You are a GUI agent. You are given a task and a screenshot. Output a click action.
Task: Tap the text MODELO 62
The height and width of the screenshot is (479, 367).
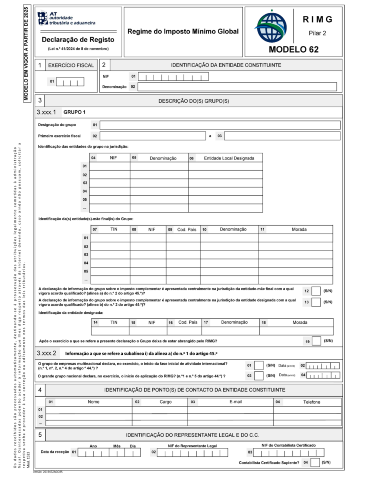point(294,49)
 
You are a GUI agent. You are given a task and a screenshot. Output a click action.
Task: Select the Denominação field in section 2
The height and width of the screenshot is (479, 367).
point(237,87)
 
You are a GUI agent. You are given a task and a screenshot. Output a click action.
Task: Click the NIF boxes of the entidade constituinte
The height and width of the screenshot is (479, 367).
point(173,77)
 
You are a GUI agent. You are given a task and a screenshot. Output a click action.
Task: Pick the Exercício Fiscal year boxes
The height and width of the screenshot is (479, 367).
point(70,81)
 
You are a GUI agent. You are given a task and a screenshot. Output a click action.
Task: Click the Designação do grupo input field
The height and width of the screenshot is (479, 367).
point(220,125)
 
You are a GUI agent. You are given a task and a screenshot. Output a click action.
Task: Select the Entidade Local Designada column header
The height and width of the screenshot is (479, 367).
point(229,158)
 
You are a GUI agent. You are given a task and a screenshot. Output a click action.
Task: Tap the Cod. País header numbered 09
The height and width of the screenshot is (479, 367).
point(187,230)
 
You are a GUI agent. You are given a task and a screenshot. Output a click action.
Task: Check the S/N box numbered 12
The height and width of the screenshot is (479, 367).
point(316,291)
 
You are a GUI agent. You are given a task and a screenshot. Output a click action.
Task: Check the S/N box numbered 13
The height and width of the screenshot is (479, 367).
point(316,302)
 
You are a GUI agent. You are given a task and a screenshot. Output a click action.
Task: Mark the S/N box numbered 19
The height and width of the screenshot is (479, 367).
point(317,341)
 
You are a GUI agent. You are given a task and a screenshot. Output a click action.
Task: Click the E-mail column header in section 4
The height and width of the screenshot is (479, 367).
point(235,402)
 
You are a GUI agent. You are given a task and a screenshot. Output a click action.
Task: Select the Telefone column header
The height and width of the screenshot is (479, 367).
point(311,402)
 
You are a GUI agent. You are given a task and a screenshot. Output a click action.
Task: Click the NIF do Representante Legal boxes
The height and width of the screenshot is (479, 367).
point(192,452)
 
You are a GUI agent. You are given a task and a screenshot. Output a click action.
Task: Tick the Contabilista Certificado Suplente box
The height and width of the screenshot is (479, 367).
point(315,462)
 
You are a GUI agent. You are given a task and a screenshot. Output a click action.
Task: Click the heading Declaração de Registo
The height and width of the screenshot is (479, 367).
point(78,40)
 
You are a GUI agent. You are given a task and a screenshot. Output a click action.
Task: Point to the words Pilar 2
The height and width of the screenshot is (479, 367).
point(317,33)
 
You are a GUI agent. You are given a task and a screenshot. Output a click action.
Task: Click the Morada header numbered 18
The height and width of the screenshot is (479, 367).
point(300,323)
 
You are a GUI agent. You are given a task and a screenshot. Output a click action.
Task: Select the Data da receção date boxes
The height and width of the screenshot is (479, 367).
point(109,452)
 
